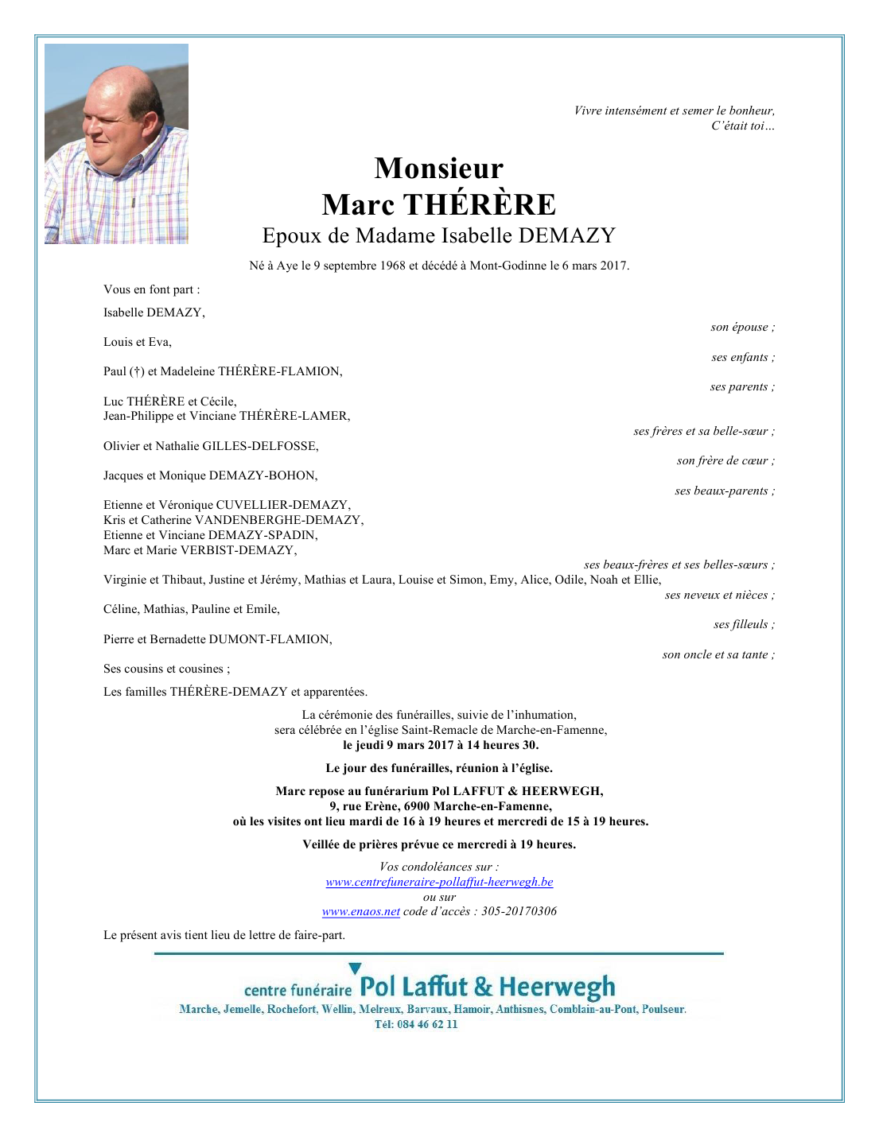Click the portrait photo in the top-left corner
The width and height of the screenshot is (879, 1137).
click(x=116, y=144)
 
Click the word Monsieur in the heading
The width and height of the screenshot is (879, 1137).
click(x=438, y=169)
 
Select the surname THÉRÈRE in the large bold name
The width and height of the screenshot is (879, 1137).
click(x=480, y=205)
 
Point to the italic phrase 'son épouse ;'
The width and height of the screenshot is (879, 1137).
click(x=742, y=327)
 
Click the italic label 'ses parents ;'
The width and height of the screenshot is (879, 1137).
click(x=742, y=386)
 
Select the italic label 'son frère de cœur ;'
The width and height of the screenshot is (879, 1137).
click(x=725, y=460)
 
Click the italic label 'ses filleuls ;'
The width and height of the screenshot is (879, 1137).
click(x=744, y=624)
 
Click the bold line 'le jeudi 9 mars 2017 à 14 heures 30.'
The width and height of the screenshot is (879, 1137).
click(x=440, y=745)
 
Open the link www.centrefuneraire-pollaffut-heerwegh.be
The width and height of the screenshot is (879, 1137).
click(x=439, y=882)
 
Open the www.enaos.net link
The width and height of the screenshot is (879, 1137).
click(x=360, y=911)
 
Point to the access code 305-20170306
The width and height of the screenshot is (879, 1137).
click(x=519, y=911)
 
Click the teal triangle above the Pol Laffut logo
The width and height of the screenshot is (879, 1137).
click(x=355, y=968)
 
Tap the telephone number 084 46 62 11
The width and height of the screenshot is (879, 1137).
click(x=427, y=1024)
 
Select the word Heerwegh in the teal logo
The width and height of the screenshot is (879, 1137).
click(x=557, y=988)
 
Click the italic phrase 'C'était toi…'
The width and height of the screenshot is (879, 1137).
click(x=742, y=126)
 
